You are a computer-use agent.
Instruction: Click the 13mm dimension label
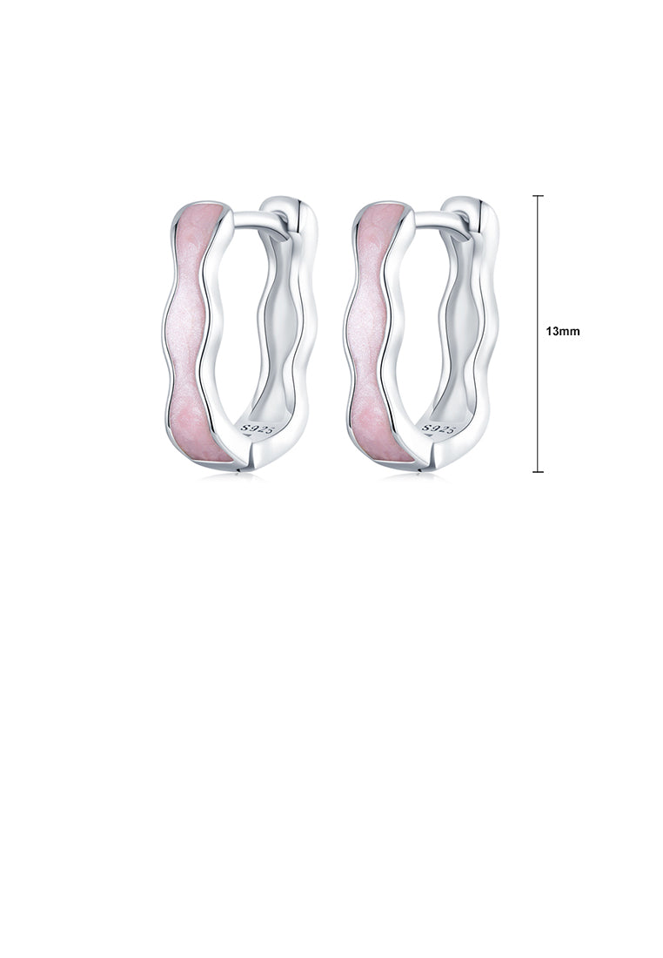point(562,331)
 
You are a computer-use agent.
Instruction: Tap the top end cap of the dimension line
point(538,197)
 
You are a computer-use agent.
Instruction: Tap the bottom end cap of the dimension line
point(538,472)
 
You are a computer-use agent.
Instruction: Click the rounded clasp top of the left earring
point(287,209)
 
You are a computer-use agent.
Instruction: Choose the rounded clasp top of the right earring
point(469,209)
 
